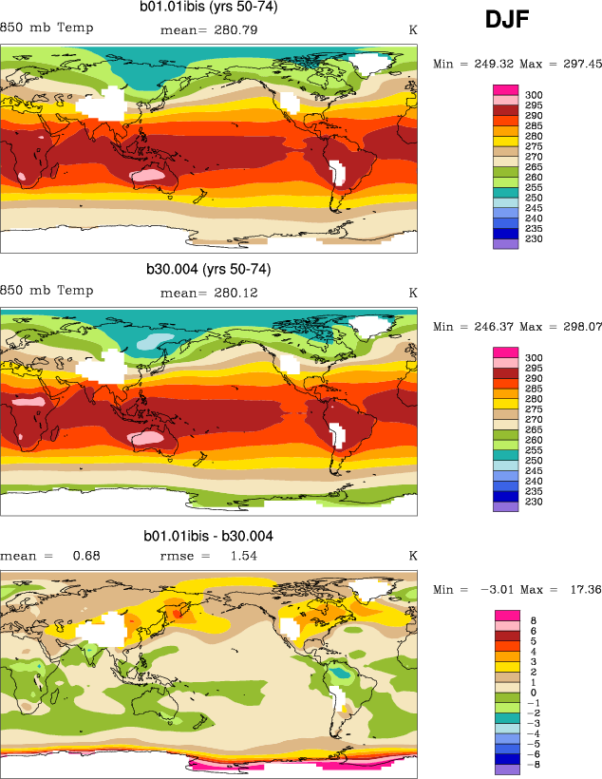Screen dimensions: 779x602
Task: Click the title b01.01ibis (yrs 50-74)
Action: point(209,9)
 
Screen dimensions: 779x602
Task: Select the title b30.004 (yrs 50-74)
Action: point(208,269)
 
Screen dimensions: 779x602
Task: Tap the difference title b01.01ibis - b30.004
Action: point(209,537)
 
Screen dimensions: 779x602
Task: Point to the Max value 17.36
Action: point(580,590)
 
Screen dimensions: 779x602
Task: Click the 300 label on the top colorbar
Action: point(534,95)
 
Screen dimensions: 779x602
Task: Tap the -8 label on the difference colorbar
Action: point(533,765)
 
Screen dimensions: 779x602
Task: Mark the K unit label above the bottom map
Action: point(413,556)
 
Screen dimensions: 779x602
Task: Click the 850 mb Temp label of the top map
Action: point(47,28)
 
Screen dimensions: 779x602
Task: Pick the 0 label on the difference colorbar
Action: point(533,693)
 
